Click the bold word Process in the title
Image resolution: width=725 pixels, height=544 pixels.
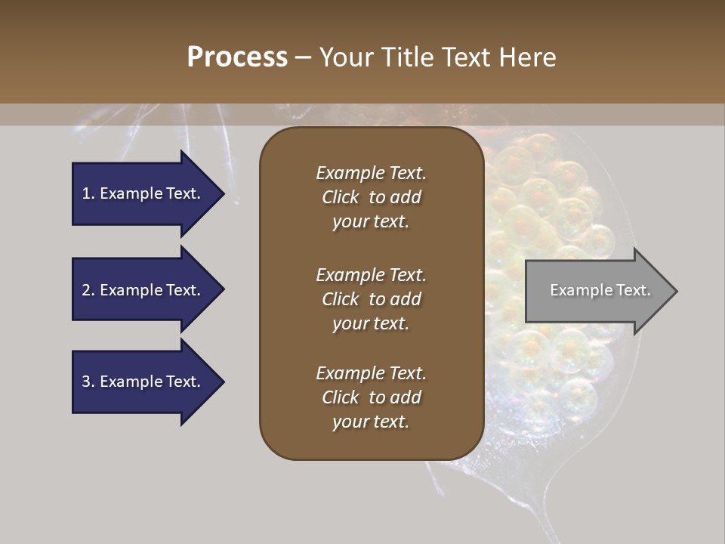coord(237,57)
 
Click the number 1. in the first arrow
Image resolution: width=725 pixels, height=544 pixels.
coord(88,193)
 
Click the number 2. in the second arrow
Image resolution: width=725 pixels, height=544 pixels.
coord(88,290)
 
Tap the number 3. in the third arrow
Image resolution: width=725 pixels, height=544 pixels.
coord(88,382)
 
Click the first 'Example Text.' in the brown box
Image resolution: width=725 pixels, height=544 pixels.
coord(371,173)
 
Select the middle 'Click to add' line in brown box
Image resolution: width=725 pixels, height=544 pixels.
coord(371,299)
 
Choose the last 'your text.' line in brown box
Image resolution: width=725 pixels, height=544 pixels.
coord(371,422)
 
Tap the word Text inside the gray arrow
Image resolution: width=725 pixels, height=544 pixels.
coord(634,290)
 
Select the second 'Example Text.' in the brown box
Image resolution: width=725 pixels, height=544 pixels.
coord(371,275)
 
